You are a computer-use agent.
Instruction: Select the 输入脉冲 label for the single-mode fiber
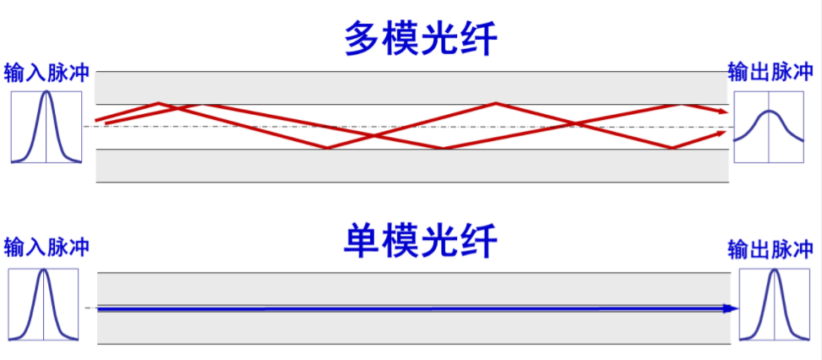[x=46, y=248]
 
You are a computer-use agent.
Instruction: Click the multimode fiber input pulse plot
[x=46, y=126]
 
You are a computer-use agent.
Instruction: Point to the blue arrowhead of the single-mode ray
[x=732, y=308]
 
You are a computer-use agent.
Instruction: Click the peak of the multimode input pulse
[x=46, y=93]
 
